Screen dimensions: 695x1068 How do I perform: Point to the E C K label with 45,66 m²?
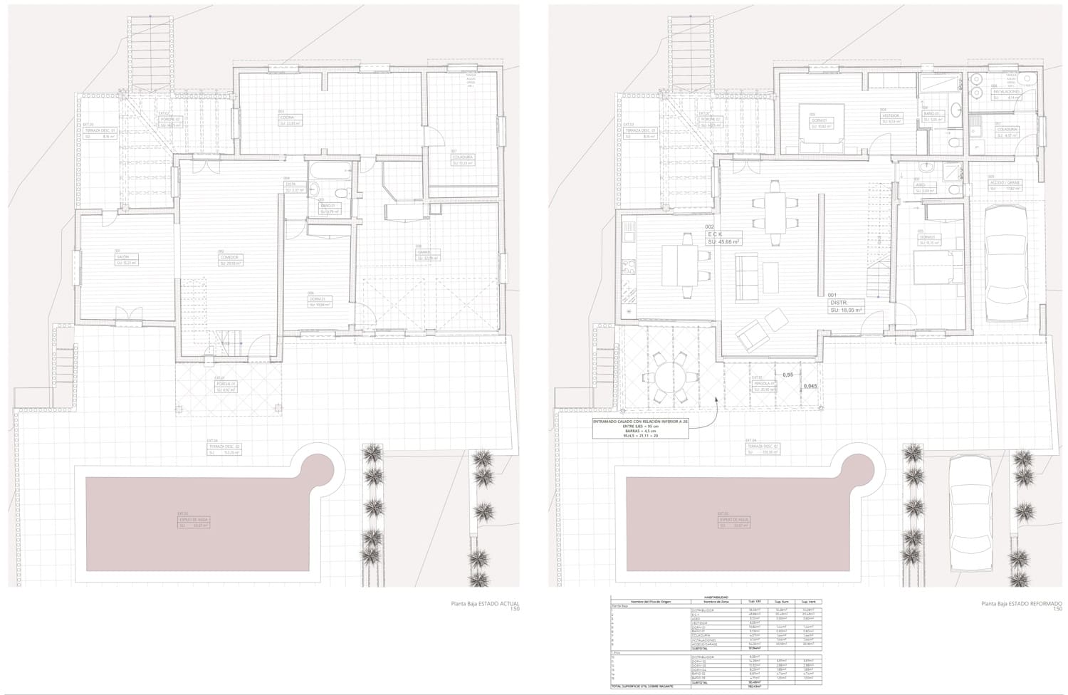(x=723, y=237)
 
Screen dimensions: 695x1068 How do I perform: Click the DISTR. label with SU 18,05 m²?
(x=846, y=306)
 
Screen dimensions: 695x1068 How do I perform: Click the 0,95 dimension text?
(x=787, y=375)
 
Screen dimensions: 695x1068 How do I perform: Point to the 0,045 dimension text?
(x=810, y=387)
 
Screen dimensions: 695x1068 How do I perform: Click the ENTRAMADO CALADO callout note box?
(x=640, y=429)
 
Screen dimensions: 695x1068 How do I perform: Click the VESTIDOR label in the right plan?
(x=891, y=117)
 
